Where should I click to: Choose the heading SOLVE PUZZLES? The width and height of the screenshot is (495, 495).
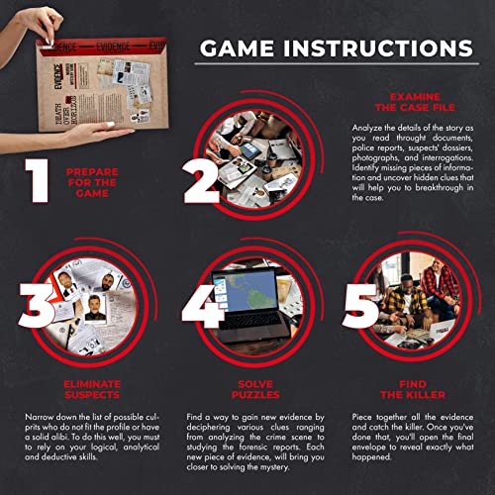(x=247, y=388)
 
